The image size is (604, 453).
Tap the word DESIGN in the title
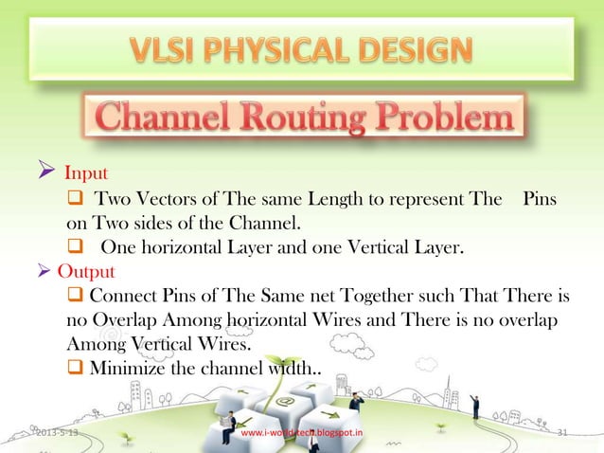[414, 50]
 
